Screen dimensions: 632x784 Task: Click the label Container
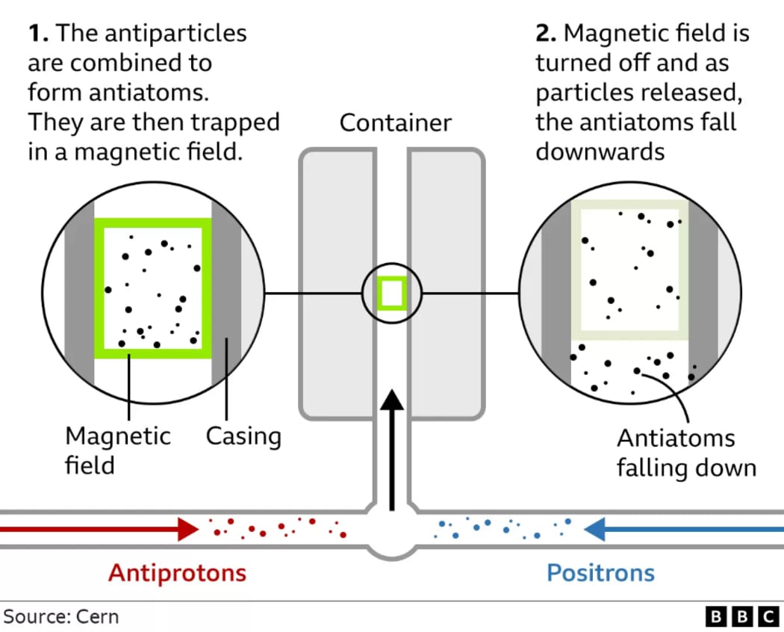(395, 123)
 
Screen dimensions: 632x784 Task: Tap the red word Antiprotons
(177, 573)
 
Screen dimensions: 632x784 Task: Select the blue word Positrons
(600, 573)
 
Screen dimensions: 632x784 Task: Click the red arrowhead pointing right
(187, 530)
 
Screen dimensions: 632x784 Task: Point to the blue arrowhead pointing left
(595, 530)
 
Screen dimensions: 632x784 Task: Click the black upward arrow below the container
(391, 448)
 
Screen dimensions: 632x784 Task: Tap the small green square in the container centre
(392, 293)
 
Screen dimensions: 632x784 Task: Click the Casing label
(243, 436)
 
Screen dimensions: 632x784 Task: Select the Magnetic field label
(118, 450)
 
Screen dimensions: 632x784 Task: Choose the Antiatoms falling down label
(685, 453)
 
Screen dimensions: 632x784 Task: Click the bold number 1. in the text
(39, 33)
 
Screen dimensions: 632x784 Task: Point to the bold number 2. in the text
(546, 33)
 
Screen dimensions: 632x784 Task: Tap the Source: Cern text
(61, 616)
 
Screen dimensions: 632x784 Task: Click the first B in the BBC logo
(716, 616)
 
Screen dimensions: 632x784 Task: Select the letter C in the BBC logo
(768, 616)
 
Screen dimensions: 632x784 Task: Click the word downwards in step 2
(600, 152)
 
